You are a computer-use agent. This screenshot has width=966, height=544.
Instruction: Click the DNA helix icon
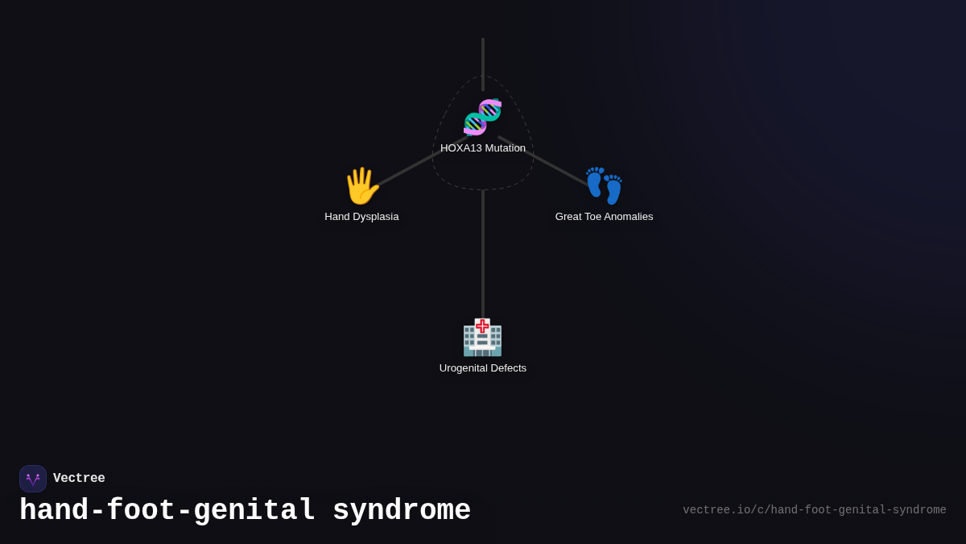[x=482, y=117]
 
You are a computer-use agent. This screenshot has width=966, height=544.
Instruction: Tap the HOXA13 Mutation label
[x=483, y=148]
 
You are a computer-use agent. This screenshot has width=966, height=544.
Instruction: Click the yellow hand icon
[x=361, y=186]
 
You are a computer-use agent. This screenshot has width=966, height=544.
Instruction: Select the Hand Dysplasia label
[x=361, y=217]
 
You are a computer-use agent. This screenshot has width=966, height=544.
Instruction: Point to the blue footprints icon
[x=604, y=186]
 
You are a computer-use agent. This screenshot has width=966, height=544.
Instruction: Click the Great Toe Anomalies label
[x=604, y=217]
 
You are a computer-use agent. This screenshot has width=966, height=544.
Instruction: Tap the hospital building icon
[x=482, y=338]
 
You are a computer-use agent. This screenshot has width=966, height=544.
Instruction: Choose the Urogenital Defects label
[x=483, y=368]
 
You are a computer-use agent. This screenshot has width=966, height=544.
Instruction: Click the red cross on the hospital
[x=482, y=326]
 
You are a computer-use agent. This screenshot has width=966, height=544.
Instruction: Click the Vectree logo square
[x=33, y=479]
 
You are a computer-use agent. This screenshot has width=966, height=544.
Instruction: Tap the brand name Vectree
[x=79, y=479]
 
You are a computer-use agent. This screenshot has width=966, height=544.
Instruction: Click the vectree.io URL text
[x=814, y=510]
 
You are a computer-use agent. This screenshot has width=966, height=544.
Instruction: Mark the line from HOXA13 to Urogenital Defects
[x=483, y=254]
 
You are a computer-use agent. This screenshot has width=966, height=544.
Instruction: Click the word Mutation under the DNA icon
[x=506, y=148]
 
